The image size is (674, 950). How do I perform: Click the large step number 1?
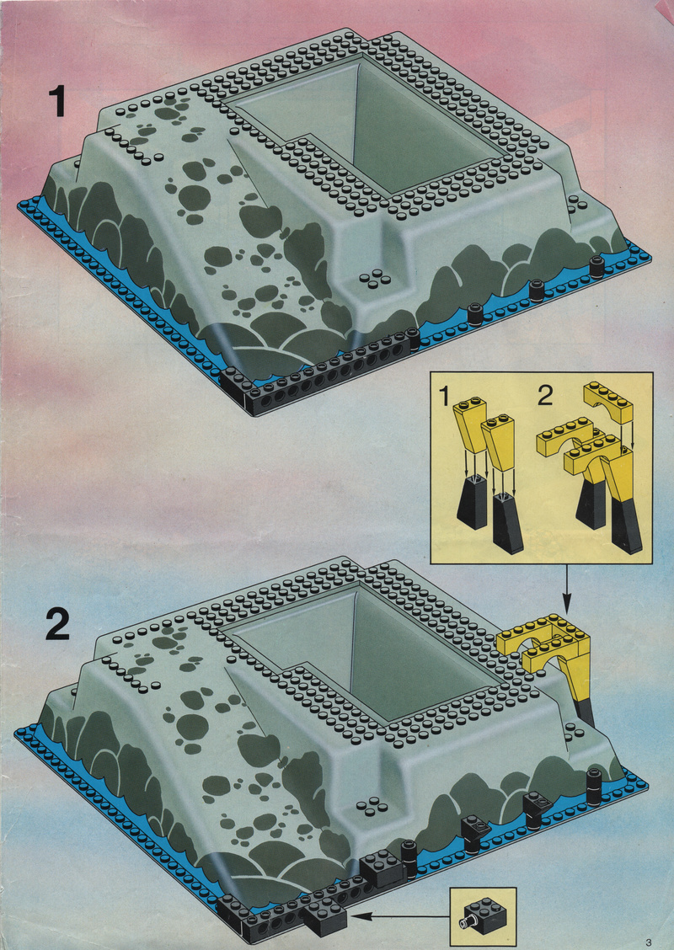click(57, 100)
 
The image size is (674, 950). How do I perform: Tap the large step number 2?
click(57, 624)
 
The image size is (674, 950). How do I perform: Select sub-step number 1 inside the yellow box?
click(445, 398)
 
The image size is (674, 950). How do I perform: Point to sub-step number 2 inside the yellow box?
click(545, 396)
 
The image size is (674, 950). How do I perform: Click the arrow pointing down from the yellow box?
click(567, 589)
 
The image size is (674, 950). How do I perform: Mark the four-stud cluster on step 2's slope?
click(368, 806)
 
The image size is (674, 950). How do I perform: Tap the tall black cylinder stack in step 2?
click(595, 787)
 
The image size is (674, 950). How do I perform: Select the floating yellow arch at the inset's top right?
click(608, 403)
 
